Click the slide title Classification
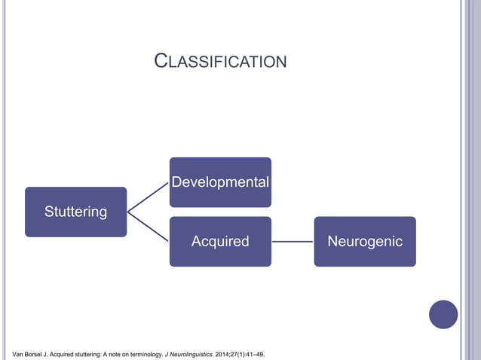(x=220, y=61)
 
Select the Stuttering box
(x=75, y=212)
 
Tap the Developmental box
(x=220, y=182)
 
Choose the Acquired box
(x=220, y=242)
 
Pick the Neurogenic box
(x=365, y=242)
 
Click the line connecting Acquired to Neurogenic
(x=293, y=242)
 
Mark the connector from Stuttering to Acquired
(x=148, y=227)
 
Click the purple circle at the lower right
(x=443, y=314)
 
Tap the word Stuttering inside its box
(x=75, y=212)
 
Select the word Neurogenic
(x=365, y=242)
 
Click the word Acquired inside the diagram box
(x=220, y=242)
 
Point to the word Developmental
(x=220, y=182)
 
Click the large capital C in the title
(x=160, y=60)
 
